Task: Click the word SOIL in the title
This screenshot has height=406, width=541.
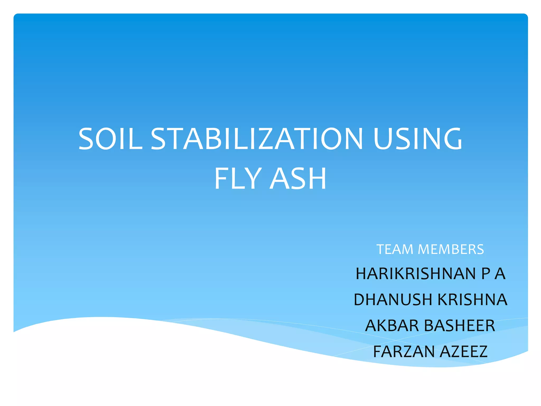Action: pos(110,139)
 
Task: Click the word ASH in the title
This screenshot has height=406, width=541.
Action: pos(298,179)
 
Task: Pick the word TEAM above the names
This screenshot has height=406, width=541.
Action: pos(395,249)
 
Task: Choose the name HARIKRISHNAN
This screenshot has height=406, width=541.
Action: pos(416,274)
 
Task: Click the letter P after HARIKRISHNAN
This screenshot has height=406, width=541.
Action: pos(486,274)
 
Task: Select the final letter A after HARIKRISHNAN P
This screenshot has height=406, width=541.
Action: pos(500,274)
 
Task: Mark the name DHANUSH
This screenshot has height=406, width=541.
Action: pos(393,299)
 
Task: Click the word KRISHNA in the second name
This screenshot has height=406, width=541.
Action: pos(472,299)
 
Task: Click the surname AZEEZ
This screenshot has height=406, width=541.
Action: pos(464,351)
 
